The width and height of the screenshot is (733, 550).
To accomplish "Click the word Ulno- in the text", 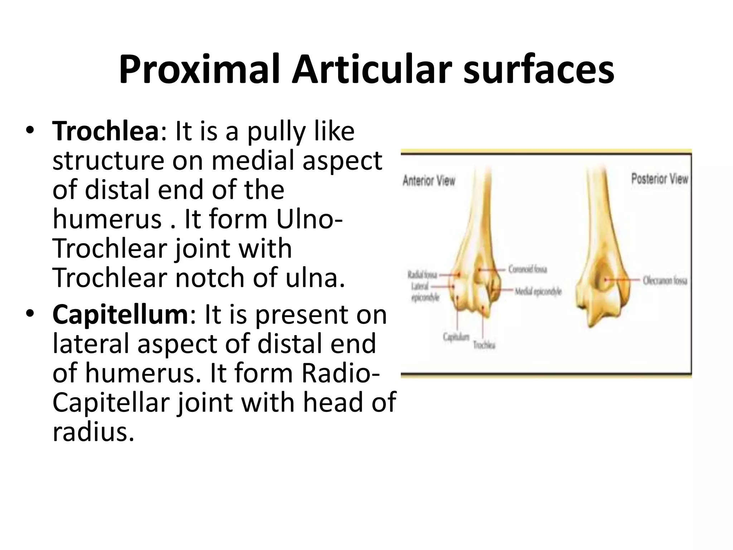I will pyautogui.click(x=309, y=219).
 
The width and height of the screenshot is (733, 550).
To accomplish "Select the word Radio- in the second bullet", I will pyautogui.click(x=340, y=373).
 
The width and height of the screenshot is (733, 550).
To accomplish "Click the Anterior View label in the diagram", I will pyautogui.click(x=429, y=181).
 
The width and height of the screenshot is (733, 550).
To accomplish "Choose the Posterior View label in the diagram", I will pyautogui.click(x=659, y=179).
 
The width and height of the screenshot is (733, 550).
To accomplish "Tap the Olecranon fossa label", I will pyautogui.click(x=665, y=280).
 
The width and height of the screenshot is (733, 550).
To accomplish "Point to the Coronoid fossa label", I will pyautogui.click(x=528, y=269).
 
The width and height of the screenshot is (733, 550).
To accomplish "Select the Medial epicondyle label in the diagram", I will pyautogui.click(x=538, y=292).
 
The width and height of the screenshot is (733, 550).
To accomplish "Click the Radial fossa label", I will pyautogui.click(x=422, y=275).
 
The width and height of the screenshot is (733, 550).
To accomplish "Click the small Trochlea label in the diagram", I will pyautogui.click(x=484, y=345).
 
